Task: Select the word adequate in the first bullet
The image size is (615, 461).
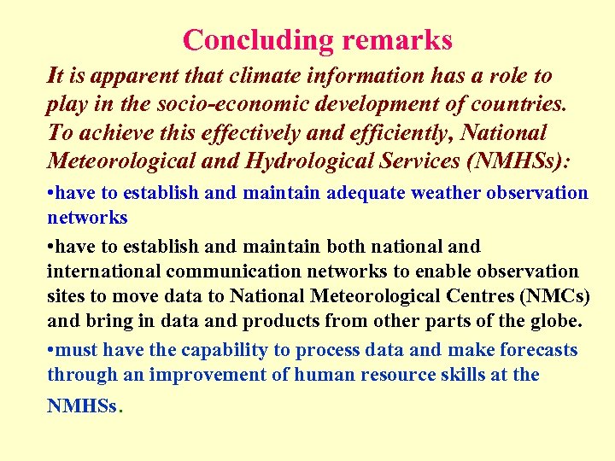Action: tap(366, 193)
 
